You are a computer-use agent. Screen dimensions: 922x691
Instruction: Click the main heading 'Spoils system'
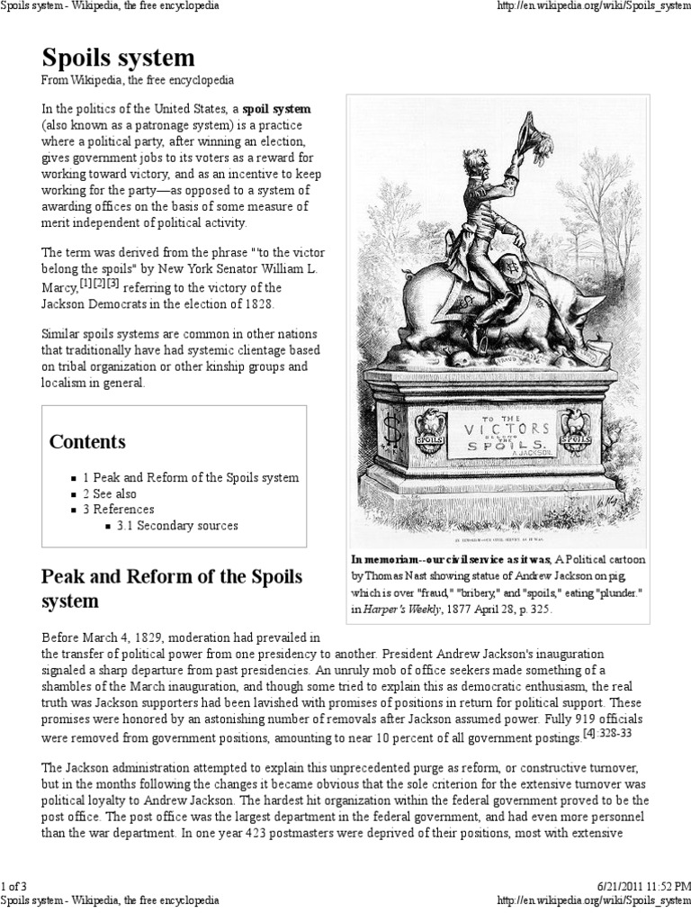point(118,59)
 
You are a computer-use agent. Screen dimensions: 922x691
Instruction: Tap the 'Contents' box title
point(87,442)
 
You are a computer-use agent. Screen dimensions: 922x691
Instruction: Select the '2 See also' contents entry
point(111,493)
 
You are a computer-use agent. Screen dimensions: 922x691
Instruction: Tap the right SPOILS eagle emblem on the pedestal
point(573,430)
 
